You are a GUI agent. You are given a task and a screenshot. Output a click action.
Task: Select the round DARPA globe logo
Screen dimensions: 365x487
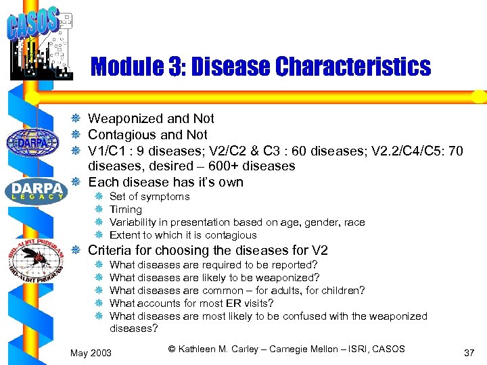(x=32, y=143)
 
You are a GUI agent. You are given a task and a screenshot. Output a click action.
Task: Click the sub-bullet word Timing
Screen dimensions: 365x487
(x=126, y=210)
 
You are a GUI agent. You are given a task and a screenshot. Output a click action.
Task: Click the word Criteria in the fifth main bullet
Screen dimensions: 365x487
(x=110, y=251)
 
